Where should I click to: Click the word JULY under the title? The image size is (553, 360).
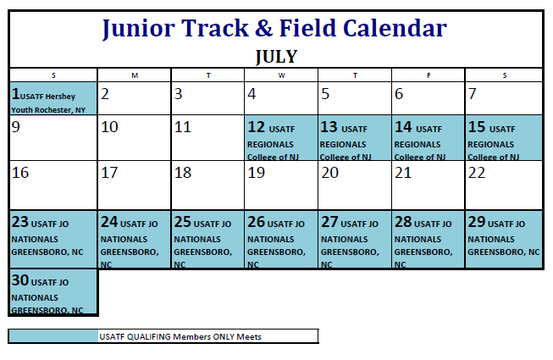pos(276,57)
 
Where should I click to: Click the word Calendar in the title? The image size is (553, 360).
pos(395,29)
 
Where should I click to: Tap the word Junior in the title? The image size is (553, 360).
pos(141,29)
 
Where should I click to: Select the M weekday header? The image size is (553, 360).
pos(135,75)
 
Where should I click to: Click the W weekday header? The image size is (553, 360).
pos(281,75)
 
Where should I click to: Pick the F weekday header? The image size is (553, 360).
pos(428,75)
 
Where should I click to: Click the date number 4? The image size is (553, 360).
pos(252,94)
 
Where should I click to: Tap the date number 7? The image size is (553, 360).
pos(472,94)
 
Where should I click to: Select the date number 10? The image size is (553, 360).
pos(109,128)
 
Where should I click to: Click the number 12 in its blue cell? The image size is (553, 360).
pos(256,128)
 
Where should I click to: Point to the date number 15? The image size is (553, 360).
pos(476,128)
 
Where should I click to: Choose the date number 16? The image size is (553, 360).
pos(20,173)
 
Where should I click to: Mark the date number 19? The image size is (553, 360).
pos(256,173)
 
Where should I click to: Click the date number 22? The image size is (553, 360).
pos(477,173)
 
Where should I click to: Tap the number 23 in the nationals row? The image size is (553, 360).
pos(20,222)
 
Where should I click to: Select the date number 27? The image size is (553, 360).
pos(329,222)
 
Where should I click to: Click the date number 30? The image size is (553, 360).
pos(20,281)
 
